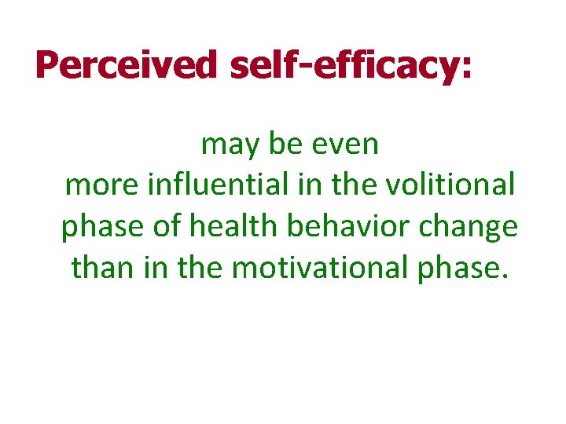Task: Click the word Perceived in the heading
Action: [x=126, y=66]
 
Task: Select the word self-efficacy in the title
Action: [x=336, y=66]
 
